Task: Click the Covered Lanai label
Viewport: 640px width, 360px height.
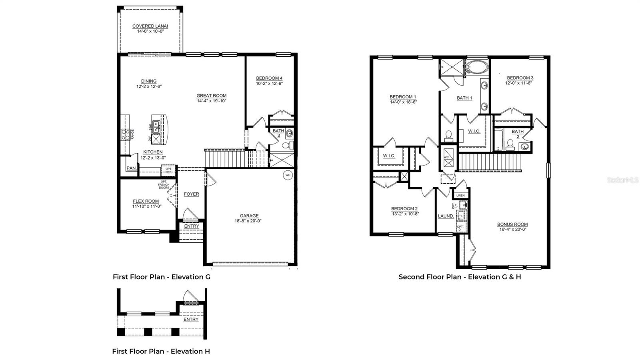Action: click(150, 26)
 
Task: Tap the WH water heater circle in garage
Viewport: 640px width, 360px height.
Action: click(288, 175)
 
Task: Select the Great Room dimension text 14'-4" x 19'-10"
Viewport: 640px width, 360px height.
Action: click(212, 101)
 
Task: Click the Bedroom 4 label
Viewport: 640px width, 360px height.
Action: click(269, 78)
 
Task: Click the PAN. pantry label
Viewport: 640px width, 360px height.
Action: click(131, 168)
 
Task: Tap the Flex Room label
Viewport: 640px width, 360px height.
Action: click(146, 201)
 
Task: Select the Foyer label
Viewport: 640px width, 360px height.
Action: click(191, 194)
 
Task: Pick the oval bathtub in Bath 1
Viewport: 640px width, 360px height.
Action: click(477, 67)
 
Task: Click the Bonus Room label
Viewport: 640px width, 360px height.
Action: click(512, 224)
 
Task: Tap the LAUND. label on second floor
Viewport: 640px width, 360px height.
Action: click(446, 216)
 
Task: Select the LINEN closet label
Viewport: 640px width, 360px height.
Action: click(460, 196)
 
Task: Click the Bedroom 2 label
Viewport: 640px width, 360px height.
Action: click(404, 209)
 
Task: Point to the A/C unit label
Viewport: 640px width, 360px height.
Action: click(446, 157)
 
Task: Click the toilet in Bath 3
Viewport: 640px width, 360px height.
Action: click(287, 145)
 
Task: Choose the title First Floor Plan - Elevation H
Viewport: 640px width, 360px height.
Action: click(161, 351)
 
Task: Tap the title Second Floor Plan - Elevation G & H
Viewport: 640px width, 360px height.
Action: click(460, 277)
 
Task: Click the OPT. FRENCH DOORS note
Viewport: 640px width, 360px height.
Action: click(164, 185)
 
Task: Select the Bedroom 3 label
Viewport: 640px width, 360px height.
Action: click(520, 78)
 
